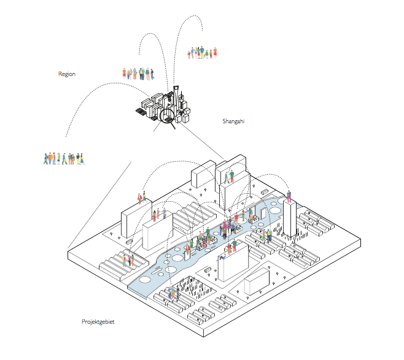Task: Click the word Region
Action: tap(67, 74)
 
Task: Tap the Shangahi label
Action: tap(233, 121)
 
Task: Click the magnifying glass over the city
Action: tap(167, 114)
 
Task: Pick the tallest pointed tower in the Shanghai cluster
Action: tap(175, 98)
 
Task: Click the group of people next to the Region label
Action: tap(136, 74)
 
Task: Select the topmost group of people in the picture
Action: tap(203, 53)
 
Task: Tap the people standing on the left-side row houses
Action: tap(127, 259)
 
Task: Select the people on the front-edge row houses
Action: tap(174, 294)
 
